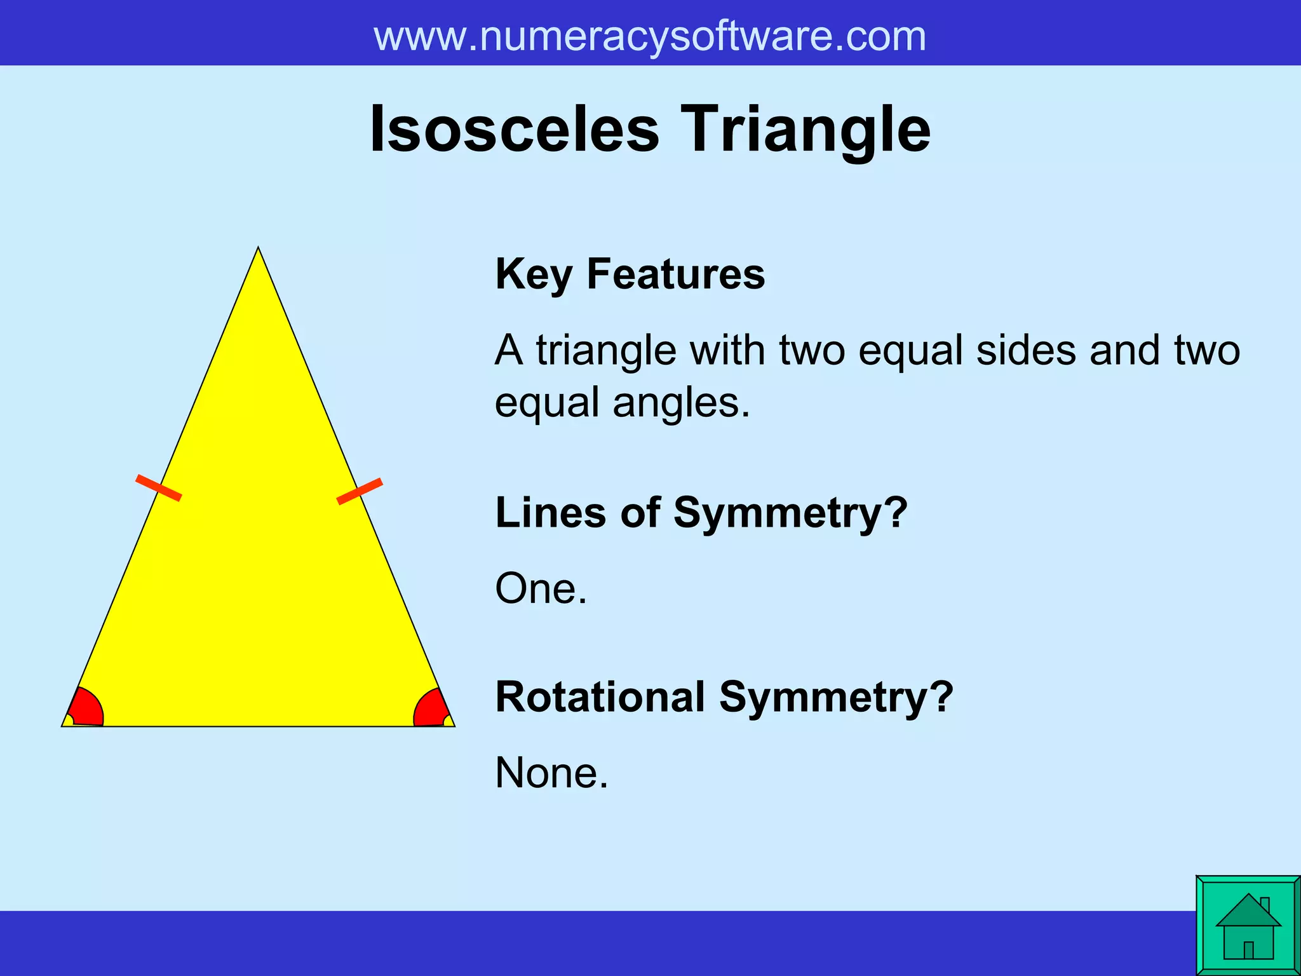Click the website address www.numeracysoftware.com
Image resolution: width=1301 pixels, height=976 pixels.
pos(649,36)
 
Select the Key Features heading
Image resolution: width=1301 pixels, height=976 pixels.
pos(630,274)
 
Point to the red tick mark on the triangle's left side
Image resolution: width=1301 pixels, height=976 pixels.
pos(159,487)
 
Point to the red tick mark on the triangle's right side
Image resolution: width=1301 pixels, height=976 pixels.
pos(360,491)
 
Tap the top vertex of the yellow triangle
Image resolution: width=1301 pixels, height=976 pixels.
pos(258,249)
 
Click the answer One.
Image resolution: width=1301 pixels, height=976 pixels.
pos(541,588)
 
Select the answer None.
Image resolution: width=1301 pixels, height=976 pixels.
pos(551,773)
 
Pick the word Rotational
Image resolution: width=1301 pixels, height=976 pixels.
pos(600,697)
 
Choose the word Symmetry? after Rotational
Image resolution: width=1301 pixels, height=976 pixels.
pos(835,697)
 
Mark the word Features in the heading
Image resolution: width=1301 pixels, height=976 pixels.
pos(675,274)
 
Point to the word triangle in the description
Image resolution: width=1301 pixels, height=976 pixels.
pos(605,350)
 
